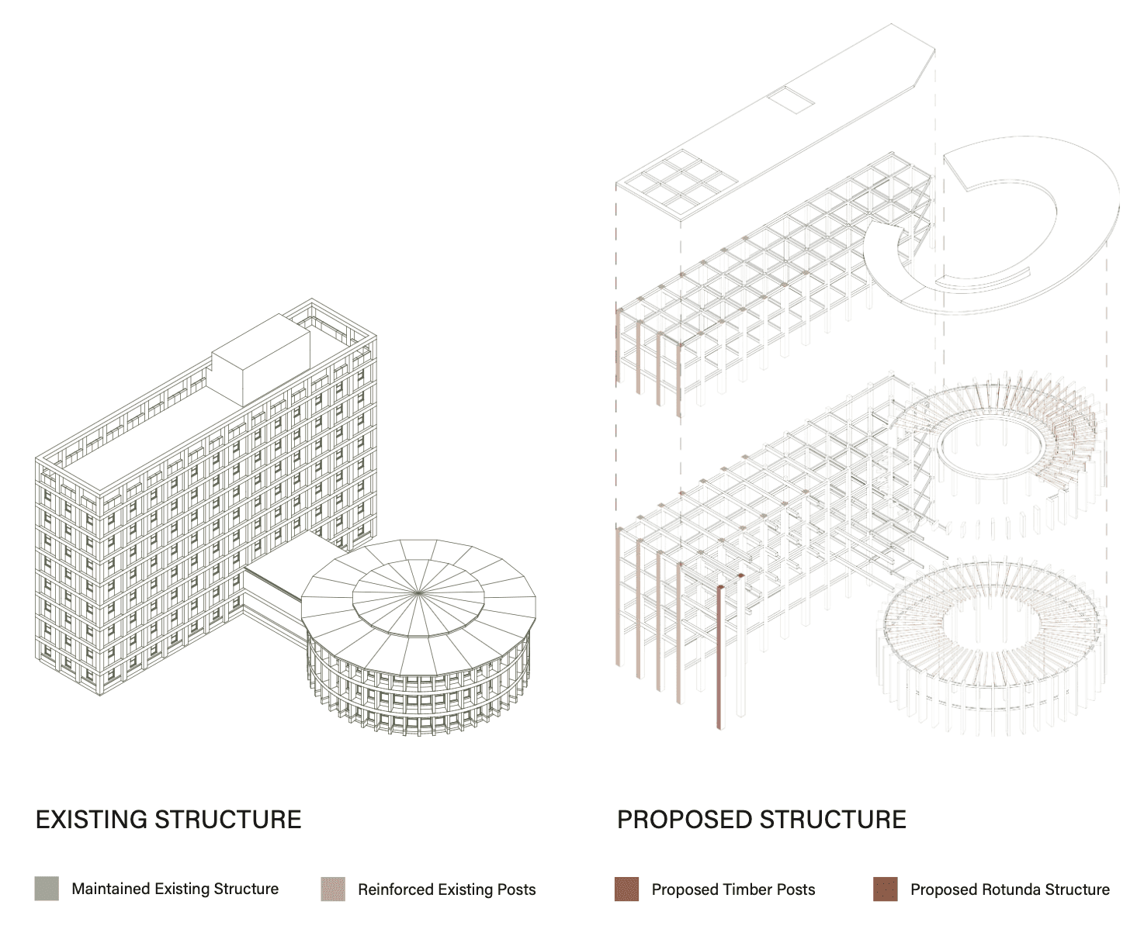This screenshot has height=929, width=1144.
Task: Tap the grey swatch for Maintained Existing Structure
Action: (x=47, y=889)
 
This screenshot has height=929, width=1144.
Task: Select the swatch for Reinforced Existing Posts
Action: (x=333, y=889)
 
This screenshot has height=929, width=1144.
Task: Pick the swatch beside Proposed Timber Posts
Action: (x=626, y=889)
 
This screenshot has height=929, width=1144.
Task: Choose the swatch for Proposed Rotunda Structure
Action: (x=885, y=889)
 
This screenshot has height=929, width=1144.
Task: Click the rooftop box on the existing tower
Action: (x=261, y=359)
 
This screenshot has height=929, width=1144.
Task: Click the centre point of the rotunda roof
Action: (x=418, y=593)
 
